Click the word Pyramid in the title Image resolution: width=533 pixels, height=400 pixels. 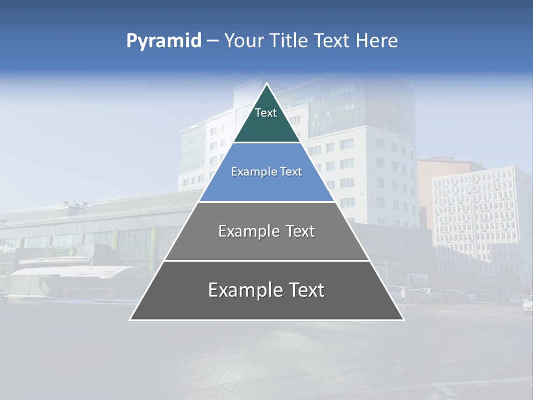[x=164, y=41]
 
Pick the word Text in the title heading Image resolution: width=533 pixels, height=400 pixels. [x=331, y=41]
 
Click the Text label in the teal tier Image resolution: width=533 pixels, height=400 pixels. [x=266, y=113]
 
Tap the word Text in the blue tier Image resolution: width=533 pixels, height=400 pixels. [x=290, y=172]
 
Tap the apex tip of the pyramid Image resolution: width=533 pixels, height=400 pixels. [x=267, y=84]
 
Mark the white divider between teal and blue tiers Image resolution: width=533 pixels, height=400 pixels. [x=267, y=143]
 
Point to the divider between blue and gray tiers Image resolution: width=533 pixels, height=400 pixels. [x=267, y=202]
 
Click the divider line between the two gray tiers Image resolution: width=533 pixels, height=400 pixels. [x=267, y=261]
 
